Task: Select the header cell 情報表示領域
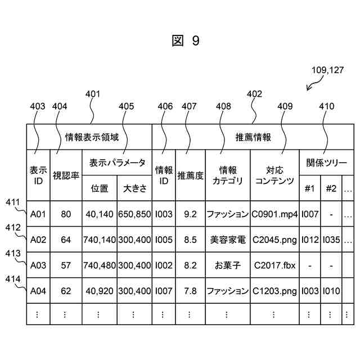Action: (89, 137)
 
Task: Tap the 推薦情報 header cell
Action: (253, 137)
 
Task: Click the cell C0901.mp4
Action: (274, 214)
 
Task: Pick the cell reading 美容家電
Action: (227, 240)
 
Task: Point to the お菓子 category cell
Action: (227, 265)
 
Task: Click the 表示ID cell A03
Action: (38, 265)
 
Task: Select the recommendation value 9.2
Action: (190, 214)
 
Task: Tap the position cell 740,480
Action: (100, 265)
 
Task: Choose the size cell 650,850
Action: (134, 214)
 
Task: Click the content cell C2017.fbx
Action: (274, 265)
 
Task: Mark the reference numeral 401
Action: (92, 94)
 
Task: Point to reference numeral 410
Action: (326, 106)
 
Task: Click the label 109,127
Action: (327, 70)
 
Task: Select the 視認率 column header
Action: (66, 175)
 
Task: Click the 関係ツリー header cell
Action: (326, 163)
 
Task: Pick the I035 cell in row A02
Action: (331, 240)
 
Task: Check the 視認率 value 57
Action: (66, 265)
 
